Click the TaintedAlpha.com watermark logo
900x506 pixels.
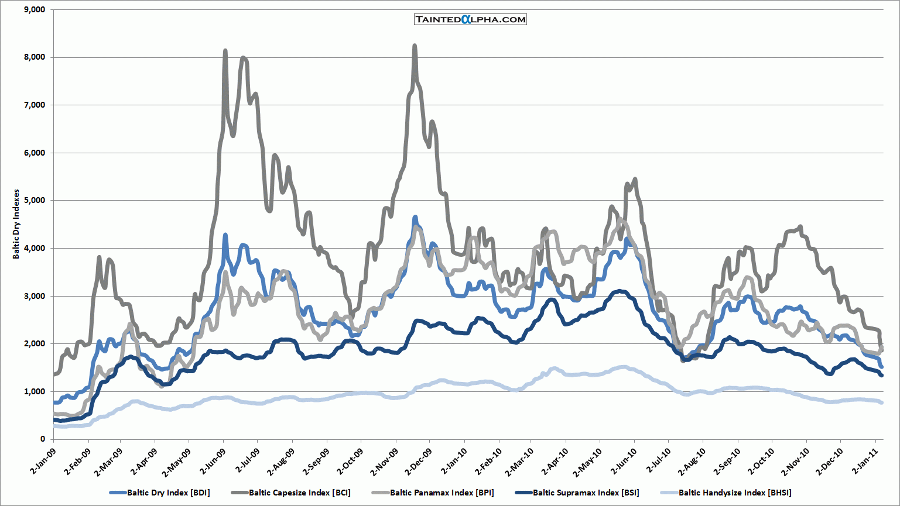click(x=470, y=19)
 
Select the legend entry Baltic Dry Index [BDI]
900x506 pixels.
click(x=168, y=493)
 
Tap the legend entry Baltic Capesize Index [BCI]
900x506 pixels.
click(x=299, y=493)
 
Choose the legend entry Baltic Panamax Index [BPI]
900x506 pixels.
click(x=442, y=493)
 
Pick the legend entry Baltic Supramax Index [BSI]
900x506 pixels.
click(x=586, y=493)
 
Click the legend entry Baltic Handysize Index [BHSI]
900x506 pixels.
click(x=734, y=493)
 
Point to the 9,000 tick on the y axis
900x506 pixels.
click(x=33, y=10)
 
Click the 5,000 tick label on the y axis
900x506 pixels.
click(x=33, y=201)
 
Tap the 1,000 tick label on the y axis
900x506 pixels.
click(x=33, y=391)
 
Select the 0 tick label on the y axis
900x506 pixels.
click(x=43, y=439)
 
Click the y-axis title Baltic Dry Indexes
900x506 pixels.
click(x=16, y=224)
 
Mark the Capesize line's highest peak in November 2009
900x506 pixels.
click(x=415, y=46)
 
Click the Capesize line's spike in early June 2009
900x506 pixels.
click(x=225, y=51)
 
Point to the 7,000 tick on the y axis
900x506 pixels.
click(x=33, y=105)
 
